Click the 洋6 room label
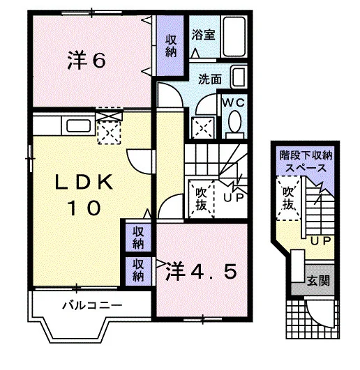pyautogui.click(x=87, y=61)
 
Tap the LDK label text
pyautogui.click(x=84, y=182)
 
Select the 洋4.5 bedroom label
pyautogui.click(x=201, y=271)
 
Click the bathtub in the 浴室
pyautogui.click(x=234, y=36)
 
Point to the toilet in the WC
pyautogui.click(x=234, y=124)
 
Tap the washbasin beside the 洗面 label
pyautogui.click(x=239, y=77)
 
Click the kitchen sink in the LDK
pyautogui.click(x=78, y=126)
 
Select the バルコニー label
pyautogui.click(x=92, y=306)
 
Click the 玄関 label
pyautogui.click(x=318, y=281)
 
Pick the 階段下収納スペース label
pyautogui.click(x=306, y=162)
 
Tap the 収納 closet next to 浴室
pyautogui.click(x=170, y=46)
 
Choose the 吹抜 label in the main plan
pyautogui.click(x=201, y=199)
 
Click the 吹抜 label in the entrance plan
pyautogui.click(x=288, y=198)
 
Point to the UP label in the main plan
pyautogui.click(x=234, y=198)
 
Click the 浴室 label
pyautogui.click(x=203, y=34)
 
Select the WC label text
pyautogui.click(x=234, y=102)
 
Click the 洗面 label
pyautogui.click(x=210, y=79)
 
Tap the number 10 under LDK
pyautogui.click(x=84, y=208)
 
